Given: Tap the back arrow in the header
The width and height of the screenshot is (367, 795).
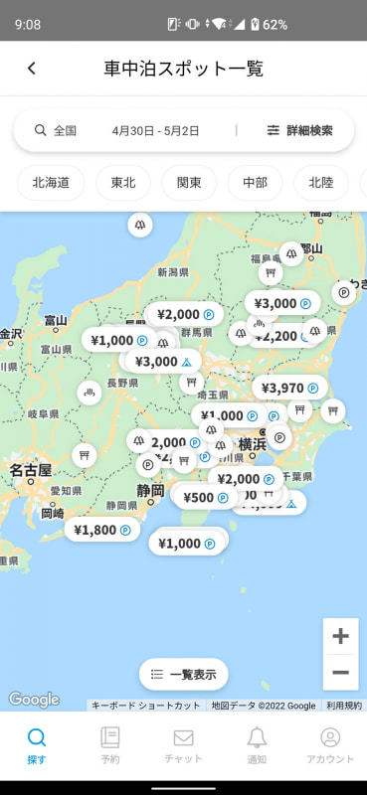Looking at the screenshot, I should tap(32, 68).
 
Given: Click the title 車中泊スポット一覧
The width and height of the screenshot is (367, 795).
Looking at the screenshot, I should tap(184, 68).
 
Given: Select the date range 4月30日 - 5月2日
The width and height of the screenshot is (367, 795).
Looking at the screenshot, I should tap(155, 130).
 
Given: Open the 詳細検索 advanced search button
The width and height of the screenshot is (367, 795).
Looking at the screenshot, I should tap(299, 130).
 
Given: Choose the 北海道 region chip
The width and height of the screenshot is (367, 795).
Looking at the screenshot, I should tap(51, 183).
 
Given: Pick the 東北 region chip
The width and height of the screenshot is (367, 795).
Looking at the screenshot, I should tap(123, 183).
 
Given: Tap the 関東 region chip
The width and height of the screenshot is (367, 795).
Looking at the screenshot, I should tap(189, 183).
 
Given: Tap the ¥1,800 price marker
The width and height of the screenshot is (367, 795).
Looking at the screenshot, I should tap(102, 530).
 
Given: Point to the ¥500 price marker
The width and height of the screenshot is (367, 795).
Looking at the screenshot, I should tap(205, 497).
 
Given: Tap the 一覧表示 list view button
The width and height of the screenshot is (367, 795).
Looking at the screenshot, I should tap(183, 674).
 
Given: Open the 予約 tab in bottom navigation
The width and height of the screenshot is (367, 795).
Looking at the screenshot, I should tap(109, 745).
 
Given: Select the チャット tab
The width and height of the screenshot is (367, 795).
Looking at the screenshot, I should tap(183, 745).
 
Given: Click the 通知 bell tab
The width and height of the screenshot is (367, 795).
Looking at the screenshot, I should tap(257, 745).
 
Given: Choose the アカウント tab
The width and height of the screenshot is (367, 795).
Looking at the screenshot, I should tap(329, 745).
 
